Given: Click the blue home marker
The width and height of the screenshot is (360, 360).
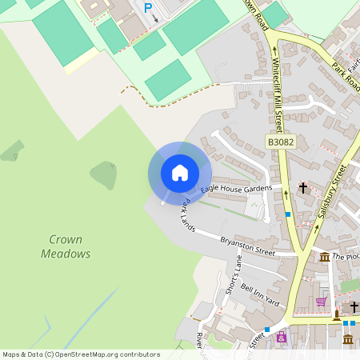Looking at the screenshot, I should click(x=180, y=172).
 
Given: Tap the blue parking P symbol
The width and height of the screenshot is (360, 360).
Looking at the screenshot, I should click(x=148, y=8).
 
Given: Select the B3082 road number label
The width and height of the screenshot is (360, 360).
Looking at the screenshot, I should click(x=281, y=142).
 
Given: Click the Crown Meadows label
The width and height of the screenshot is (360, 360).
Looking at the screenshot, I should click(x=66, y=246).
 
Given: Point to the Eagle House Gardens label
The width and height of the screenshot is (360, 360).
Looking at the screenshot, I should click(x=236, y=188).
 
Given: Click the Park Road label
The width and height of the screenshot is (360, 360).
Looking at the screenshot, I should click(x=344, y=76).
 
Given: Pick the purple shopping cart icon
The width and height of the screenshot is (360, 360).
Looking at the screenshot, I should click(x=322, y=302).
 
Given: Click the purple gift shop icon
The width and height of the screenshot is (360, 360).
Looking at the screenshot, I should click(x=281, y=337).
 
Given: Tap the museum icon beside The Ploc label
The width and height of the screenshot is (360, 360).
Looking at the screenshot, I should click(x=325, y=257).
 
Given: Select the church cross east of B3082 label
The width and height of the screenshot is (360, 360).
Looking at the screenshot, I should click(x=303, y=187).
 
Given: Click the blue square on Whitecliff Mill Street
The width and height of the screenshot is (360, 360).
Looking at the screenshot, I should click(x=288, y=214).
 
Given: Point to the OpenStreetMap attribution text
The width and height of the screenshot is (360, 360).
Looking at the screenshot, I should click(x=81, y=354).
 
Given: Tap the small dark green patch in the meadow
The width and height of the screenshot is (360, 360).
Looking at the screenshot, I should click(x=105, y=174).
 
